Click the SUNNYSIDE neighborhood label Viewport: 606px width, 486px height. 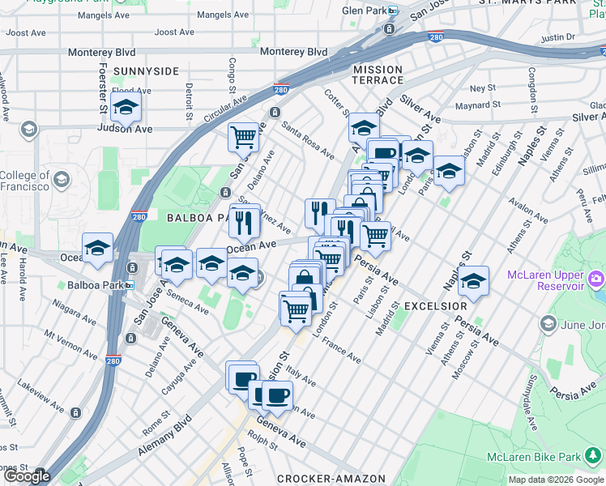(146, 71)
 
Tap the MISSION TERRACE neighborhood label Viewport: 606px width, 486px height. (378, 75)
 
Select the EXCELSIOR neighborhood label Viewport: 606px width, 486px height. (436, 307)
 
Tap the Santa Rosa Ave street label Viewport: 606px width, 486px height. (308, 140)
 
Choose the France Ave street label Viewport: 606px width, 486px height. (341, 350)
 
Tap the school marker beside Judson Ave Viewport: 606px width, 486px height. (126, 107)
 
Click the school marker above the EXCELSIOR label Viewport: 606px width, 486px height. (474, 282)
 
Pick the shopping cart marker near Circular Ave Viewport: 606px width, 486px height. (243, 138)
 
